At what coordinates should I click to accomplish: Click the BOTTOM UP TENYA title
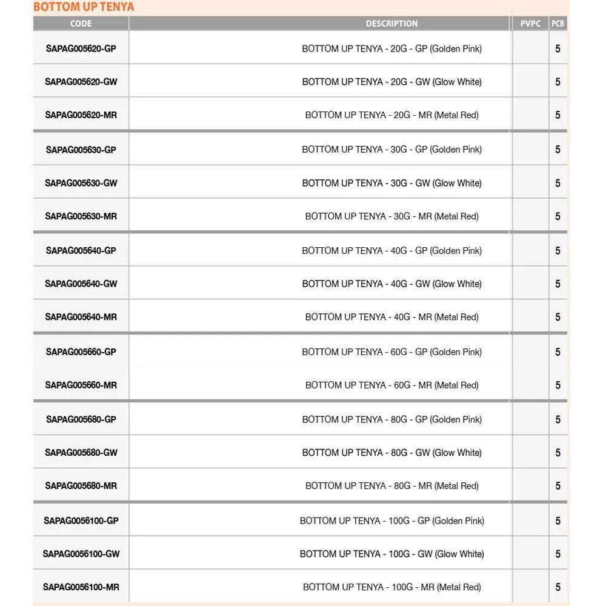84,7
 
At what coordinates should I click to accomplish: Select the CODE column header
81,24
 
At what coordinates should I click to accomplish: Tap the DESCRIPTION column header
391,24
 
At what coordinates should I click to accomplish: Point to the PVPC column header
530,24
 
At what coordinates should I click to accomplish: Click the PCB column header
558,24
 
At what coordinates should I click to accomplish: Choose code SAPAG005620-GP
81,48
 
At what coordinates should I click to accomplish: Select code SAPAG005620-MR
81,115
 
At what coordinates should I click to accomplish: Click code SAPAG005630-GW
81,183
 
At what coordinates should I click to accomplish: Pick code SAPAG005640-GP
81,250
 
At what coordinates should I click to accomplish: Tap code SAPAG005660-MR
81,385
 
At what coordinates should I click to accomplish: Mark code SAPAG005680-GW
81,453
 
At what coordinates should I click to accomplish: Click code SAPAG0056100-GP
81,521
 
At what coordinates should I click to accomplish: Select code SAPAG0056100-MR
81,587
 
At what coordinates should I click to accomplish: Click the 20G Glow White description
391,82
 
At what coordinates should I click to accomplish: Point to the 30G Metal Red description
391,216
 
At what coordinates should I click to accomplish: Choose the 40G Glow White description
391,284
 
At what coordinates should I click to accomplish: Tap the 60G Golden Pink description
391,351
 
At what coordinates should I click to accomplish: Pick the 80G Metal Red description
391,485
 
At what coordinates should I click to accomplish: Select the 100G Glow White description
391,554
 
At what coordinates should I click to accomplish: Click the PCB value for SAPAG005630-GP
558,149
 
